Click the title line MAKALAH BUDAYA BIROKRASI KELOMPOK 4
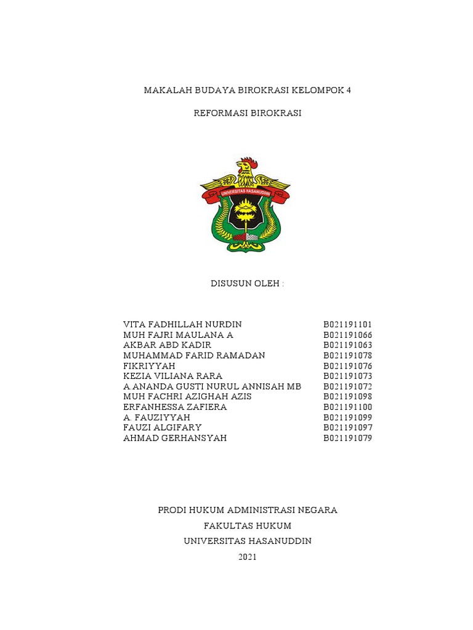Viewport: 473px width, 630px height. (x=247, y=90)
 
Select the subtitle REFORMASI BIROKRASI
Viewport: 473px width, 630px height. (x=247, y=113)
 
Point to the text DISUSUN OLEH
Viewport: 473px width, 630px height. (x=247, y=284)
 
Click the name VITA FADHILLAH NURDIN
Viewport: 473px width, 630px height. (x=182, y=324)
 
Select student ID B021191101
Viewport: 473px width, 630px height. (x=348, y=324)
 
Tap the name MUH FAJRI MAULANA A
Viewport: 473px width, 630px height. (x=178, y=335)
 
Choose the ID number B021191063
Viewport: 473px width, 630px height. (x=348, y=345)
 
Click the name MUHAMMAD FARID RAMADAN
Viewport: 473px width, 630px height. (x=194, y=356)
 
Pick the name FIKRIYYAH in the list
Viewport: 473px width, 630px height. (x=149, y=365)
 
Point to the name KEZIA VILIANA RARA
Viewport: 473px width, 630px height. (x=172, y=376)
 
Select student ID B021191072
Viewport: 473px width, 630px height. (x=348, y=386)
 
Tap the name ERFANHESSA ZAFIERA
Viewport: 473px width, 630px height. (x=175, y=407)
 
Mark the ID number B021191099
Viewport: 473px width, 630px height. (x=348, y=417)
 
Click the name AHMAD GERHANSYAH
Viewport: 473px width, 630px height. (x=175, y=438)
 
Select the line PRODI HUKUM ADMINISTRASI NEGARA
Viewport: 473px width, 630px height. (x=248, y=510)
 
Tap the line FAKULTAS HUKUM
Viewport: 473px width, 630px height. (x=248, y=525)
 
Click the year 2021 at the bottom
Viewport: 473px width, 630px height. (x=247, y=557)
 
